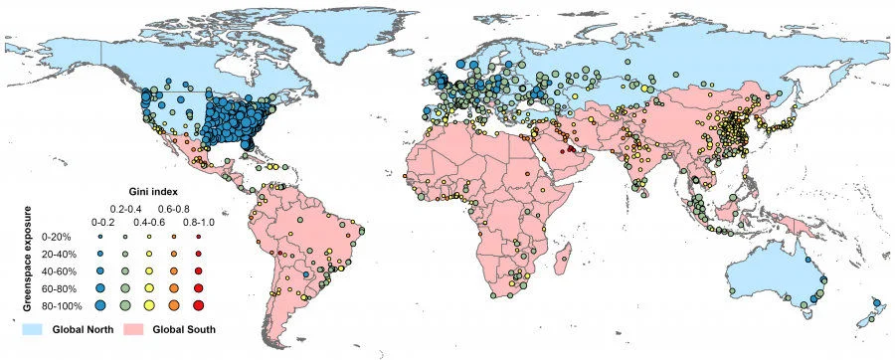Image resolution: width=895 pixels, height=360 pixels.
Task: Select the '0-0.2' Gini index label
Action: click(99, 221)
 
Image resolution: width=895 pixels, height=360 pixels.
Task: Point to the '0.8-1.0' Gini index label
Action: click(198, 221)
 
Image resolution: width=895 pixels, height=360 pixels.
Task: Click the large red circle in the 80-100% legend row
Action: click(199, 303)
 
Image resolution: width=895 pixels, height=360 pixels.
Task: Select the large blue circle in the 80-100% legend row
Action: click(99, 303)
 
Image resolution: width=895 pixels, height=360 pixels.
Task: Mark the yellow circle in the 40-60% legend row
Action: click(149, 270)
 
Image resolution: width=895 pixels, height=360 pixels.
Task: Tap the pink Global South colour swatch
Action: click(137, 328)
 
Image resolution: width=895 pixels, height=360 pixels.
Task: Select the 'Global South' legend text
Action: click(187, 328)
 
